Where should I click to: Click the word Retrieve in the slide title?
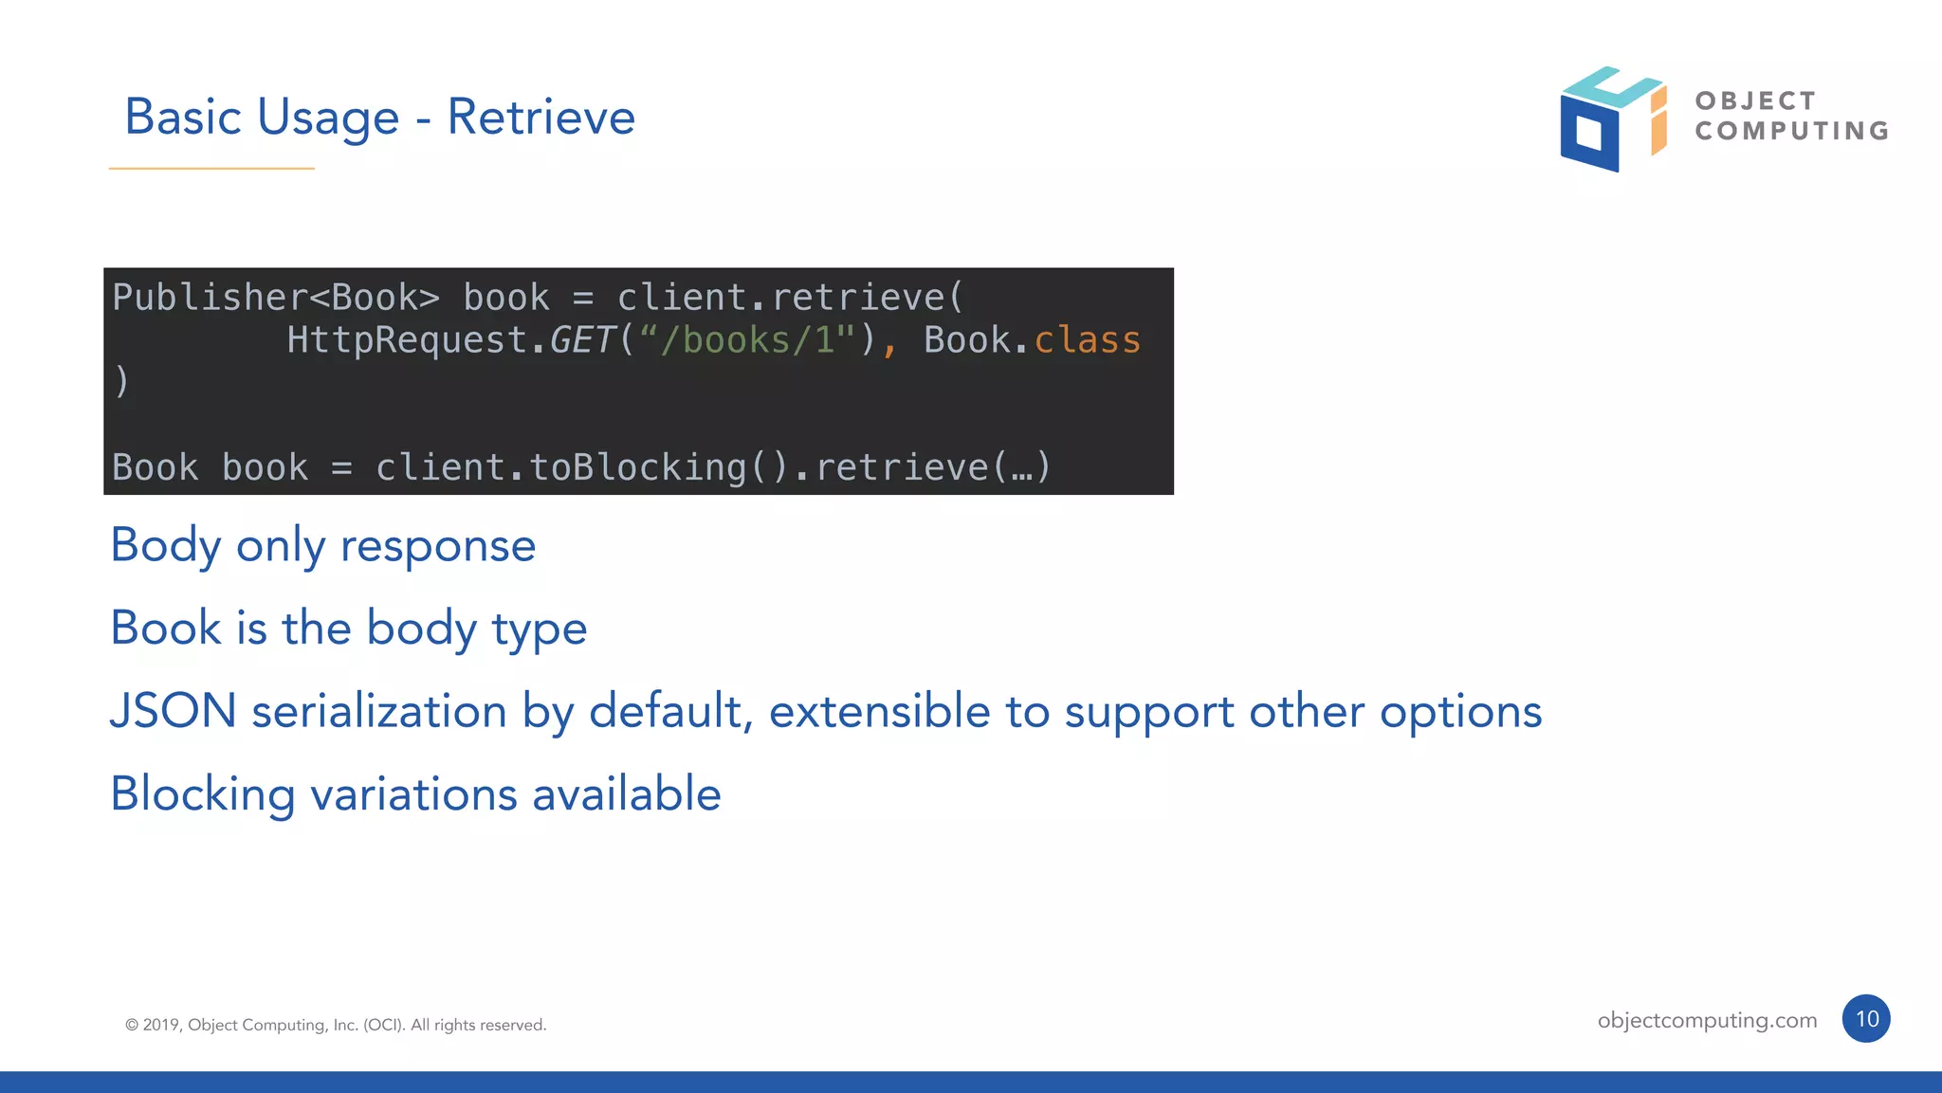click(540, 118)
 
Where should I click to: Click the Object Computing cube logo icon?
click(1611, 119)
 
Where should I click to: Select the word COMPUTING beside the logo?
click(1792, 131)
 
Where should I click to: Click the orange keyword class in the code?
click(1087, 340)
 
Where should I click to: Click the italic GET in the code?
click(582, 340)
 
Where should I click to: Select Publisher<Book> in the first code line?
click(276, 298)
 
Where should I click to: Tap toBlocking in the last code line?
click(638, 467)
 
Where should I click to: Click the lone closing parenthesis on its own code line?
click(121, 382)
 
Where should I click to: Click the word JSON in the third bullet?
click(174, 711)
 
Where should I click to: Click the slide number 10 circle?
click(1866, 1019)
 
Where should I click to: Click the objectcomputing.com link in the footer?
click(1707, 1020)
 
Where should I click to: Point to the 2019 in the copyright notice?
click(160, 1025)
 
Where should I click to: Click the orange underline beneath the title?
click(211, 169)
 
